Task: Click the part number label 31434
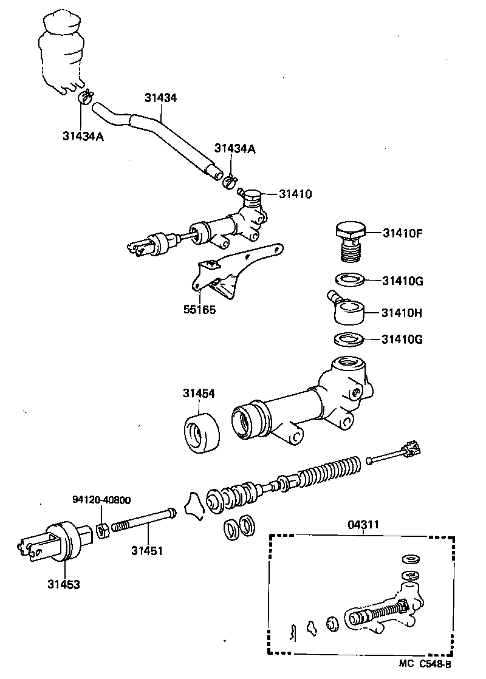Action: tap(161, 97)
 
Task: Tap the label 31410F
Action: tap(406, 232)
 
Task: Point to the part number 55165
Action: tap(199, 309)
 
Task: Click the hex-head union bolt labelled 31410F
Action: tap(351, 241)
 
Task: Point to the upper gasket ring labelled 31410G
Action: tap(350, 281)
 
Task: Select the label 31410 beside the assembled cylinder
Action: tap(295, 194)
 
